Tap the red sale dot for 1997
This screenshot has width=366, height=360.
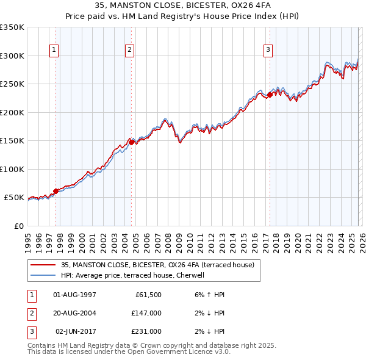56,191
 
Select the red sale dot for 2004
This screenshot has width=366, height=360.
131,142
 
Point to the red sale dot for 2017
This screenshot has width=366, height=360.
269,95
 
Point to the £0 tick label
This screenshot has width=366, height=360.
18,226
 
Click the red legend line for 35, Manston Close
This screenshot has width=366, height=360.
43,265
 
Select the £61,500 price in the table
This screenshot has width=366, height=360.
146,295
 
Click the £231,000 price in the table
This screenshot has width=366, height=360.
146,331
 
